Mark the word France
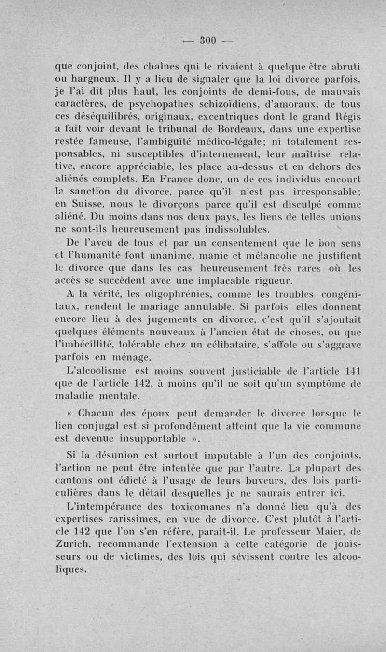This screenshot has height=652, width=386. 132,180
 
